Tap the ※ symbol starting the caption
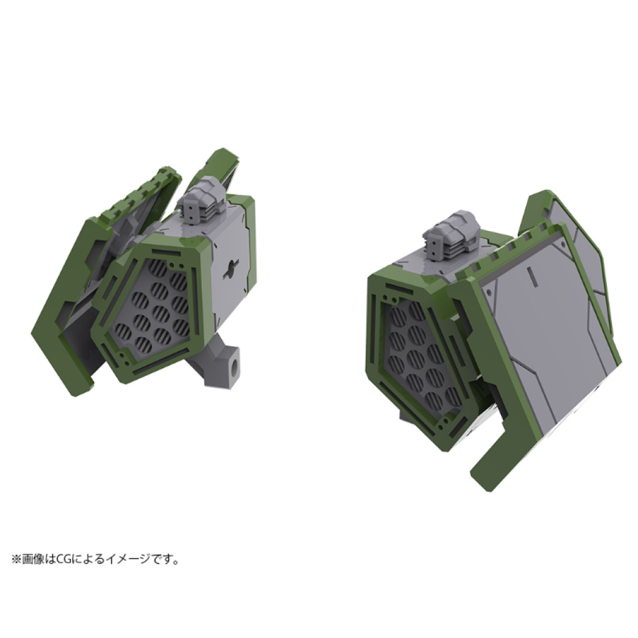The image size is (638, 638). tap(16, 560)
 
